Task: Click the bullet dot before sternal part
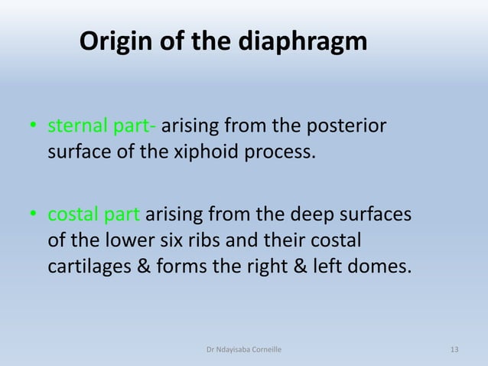click(x=33, y=126)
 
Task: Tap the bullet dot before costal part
click(x=33, y=217)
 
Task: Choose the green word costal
click(x=73, y=217)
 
